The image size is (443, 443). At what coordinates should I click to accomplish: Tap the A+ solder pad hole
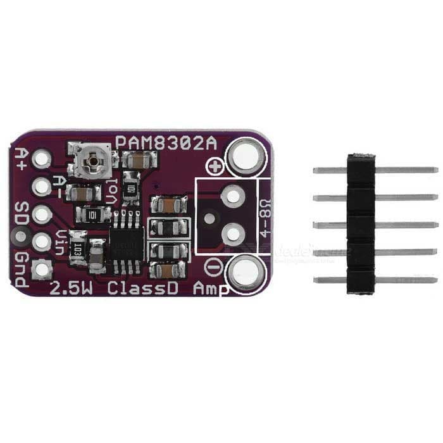pos(42,158)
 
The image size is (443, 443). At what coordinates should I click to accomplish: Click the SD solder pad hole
pos(42,214)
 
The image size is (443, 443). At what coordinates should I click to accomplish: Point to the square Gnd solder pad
pos(42,270)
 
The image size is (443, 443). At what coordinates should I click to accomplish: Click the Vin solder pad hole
pos(42,242)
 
